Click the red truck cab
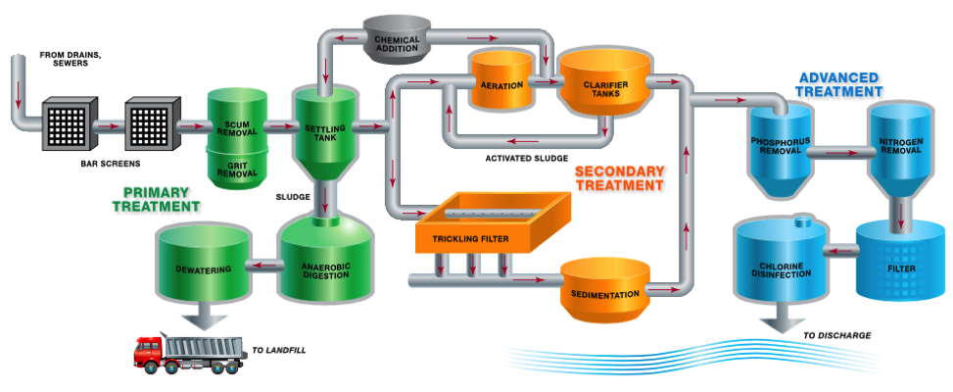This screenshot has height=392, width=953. pos(149,352)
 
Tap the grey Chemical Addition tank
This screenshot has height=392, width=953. pos(398,38)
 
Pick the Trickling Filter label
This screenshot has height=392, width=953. pos(469,238)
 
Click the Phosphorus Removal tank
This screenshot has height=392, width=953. pos(781,147)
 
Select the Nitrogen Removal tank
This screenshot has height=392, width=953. pos(902,147)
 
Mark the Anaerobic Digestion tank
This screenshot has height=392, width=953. pos(325,260)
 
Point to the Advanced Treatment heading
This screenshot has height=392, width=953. pos(840,83)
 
